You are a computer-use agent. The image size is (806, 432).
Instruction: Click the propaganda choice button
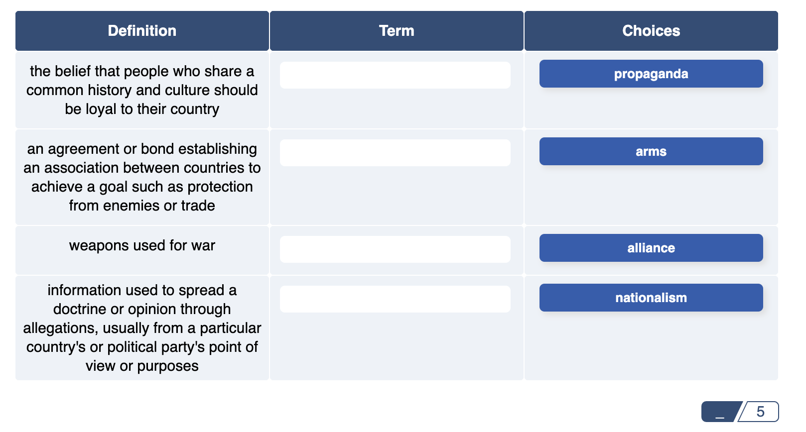(651, 74)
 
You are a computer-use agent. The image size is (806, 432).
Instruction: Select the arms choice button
(651, 151)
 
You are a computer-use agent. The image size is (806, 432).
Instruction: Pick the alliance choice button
(651, 248)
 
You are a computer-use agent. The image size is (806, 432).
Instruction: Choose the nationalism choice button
(651, 298)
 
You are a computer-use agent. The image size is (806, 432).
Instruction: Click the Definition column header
(142, 31)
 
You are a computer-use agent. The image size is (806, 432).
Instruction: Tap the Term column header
(396, 31)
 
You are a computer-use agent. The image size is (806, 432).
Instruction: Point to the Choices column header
(651, 31)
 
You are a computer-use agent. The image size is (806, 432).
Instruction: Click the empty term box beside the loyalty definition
(395, 75)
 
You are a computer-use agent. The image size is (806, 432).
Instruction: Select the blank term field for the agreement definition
(395, 153)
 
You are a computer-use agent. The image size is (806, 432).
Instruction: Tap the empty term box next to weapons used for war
(395, 249)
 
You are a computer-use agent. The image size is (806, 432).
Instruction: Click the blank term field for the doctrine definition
(395, 299)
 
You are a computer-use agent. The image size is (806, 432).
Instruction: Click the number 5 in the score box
(760, 412)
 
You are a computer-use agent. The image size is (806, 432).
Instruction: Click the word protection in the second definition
(220, 187)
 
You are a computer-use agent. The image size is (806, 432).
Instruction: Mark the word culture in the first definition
(189, 90)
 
